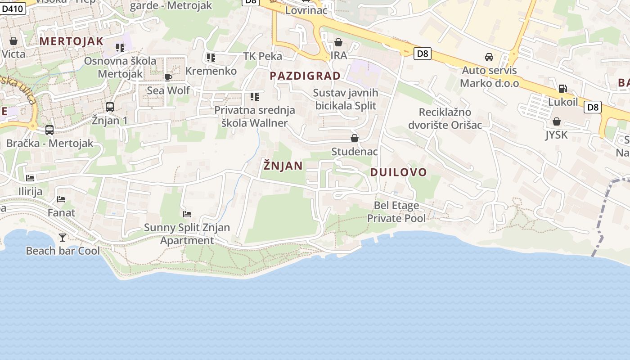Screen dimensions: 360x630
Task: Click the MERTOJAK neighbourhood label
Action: [71, 41]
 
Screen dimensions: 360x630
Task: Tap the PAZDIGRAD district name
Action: [305, 76]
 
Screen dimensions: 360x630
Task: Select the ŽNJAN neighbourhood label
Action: [283, 166]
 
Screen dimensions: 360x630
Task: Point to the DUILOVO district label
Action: [398, 172]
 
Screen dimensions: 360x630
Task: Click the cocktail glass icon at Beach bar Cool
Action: [62, 237]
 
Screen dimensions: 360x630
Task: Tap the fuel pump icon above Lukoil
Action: [562, 89]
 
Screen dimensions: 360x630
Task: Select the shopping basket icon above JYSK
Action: [557, 121]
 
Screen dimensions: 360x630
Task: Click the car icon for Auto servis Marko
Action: [489, 57]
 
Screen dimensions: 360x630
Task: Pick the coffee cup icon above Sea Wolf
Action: [168, 77]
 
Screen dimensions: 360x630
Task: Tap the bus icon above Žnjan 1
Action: [109, 107]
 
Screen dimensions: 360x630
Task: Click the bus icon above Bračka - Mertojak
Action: [49, 130]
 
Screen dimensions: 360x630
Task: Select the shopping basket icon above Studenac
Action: [355, 138]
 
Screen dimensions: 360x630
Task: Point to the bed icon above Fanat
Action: [61, 199]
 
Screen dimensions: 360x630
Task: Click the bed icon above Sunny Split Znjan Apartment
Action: [187, 214]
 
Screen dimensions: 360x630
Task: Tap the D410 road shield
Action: [12, 8]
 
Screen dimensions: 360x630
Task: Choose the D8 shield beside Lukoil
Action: [593, 107]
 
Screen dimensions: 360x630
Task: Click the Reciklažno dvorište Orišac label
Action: [445, 118]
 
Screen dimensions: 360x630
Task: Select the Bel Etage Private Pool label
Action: [396, 212]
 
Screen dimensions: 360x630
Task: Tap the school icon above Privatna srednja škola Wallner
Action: [255, 97]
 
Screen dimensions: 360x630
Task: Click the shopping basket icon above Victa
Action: [13, 41]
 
